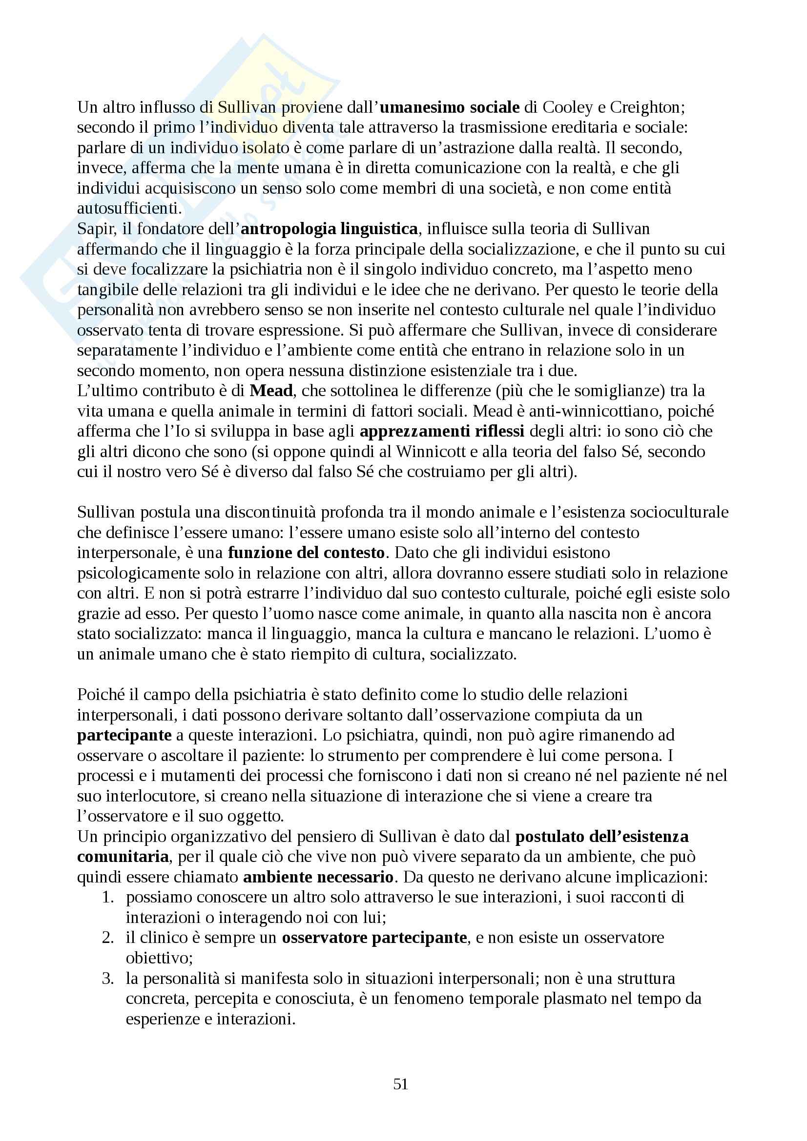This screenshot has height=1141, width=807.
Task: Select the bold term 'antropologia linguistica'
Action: [329, 229]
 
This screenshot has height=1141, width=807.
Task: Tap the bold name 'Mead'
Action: [271, 391]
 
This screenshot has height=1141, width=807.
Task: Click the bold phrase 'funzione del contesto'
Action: [306, 553]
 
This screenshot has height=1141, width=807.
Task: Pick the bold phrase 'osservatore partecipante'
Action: [374, 938]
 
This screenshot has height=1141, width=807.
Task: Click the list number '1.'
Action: [108, 898]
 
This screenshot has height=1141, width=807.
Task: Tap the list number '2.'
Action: [108, 938]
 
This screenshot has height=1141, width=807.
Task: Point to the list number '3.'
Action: [108, 979]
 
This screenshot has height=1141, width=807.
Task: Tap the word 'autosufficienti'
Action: [129, 209]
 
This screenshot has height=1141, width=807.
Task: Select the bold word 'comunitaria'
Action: [123, 857]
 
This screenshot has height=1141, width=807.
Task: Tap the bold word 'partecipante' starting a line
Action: [124, 736]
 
